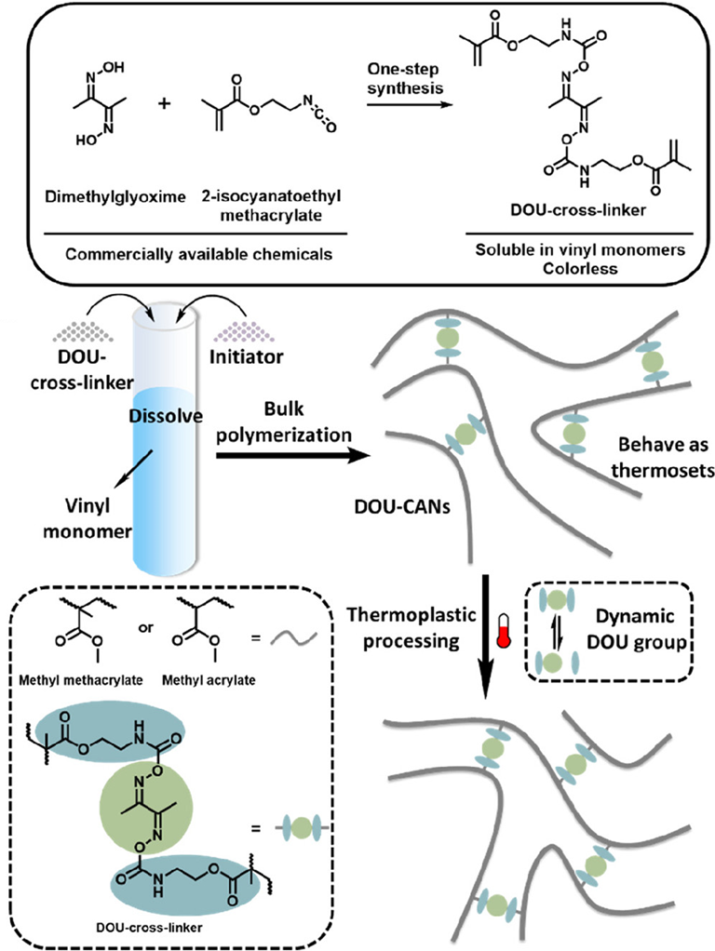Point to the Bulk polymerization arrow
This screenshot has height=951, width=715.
pos(289,455)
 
